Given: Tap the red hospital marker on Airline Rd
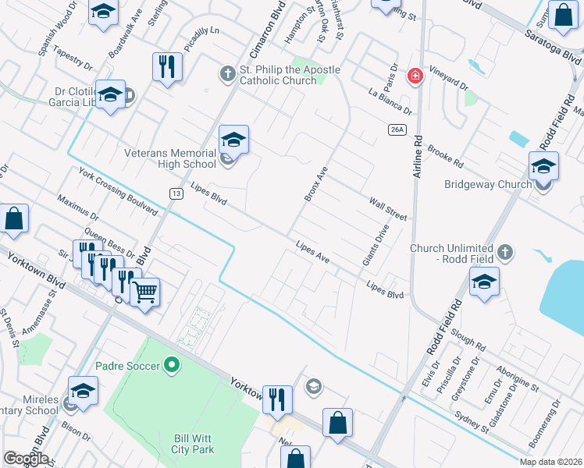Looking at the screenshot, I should click(415, 76).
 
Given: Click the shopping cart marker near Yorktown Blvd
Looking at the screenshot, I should click(144, 292).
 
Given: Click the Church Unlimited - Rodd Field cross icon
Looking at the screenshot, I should click(505, 252).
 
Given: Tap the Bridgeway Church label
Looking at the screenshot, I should click(487, 185).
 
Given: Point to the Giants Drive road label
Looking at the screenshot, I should click(376, 246).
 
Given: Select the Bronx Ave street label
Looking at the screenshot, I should click(315, 183).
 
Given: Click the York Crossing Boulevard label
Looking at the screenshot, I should click(119, 190).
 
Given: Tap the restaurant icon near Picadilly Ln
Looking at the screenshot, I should click(166, 66).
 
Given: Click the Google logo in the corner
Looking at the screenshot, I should click(26, 459).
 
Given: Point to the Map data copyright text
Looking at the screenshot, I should click(550, 462).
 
